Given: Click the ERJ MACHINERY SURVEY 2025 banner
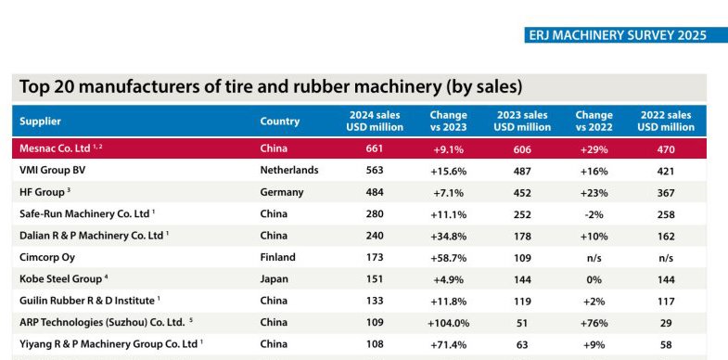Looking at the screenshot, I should (x=615, y=35).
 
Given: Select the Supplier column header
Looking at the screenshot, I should (x=41, y=121).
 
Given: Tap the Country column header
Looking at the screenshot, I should (x=280, y=121).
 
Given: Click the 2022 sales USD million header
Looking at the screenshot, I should (x=667, y=121).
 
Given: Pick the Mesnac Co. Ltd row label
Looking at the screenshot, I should (x=57, y=148).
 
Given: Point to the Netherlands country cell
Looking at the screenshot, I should (x=289, y=171).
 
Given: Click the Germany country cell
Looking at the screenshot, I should (x=282, y=192).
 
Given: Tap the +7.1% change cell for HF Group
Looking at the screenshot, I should (x=448, y=192).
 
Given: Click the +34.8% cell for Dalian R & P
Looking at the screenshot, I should (x=448, y=236).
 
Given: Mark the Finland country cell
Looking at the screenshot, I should (x=278, y=257).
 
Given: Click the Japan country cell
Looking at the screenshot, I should (x=275, y=279).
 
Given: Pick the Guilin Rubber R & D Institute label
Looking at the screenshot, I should (x=85, y=301).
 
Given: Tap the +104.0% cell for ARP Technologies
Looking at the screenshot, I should (x=448, y=323).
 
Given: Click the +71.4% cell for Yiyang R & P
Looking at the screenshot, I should (x=448, y=344).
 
